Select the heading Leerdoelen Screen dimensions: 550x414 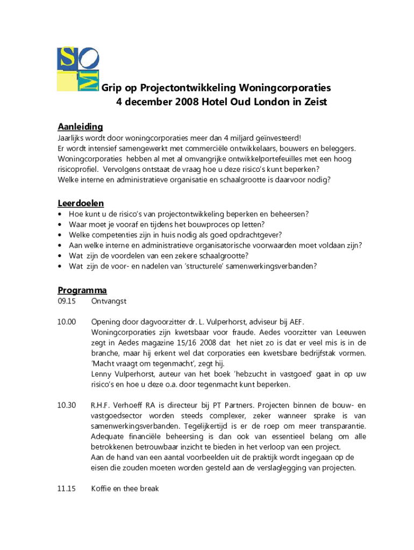coord(81,203)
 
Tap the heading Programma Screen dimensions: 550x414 coord(82,290)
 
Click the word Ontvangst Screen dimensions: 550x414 coord(109,301)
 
